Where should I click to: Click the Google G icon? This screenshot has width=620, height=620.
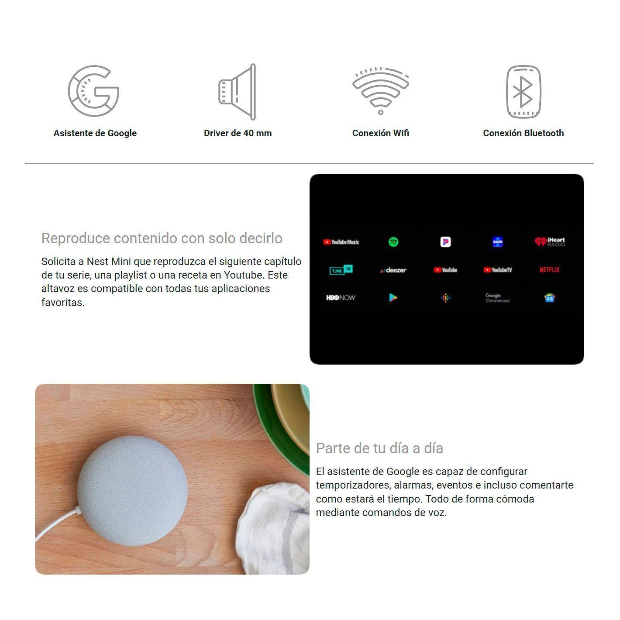pyautogui.click(x=93, y=91)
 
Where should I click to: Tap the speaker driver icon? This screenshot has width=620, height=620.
pyautogui.click(x=238, y=92)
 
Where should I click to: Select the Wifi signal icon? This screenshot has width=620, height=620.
pyautogui.click(x=381, y=91)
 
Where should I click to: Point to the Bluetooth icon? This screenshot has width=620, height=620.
pyautogui.click(x=523, y=92)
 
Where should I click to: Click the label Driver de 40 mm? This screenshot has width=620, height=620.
pyautogui.click(x=238, y=133)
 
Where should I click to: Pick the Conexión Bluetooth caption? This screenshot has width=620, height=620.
pyautogui.click(x=523, y=133)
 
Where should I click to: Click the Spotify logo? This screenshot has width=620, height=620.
pyautogui.click(x=393, y=242)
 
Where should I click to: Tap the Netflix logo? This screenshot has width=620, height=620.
pyautogui.click(x=549, y=270)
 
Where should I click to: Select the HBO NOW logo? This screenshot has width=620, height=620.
pyautogui.click(x=341, y=298)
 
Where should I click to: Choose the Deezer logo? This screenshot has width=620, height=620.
pyautogui.click(x=393, y=270)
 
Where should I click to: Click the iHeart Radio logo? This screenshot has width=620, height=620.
pyautogui.click(x=549, y=242)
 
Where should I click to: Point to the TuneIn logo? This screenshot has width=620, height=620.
pyautogui.click(x=341, y=270)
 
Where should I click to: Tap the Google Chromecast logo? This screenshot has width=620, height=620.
pyautogui.click(x=497, y=298)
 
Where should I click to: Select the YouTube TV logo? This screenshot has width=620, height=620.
pyautogui.click(x=497, y=270)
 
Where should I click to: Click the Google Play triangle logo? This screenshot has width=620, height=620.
pyautogui.click(x=393, y=298)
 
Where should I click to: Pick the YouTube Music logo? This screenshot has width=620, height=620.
pyautogui.click(x=341, y=242)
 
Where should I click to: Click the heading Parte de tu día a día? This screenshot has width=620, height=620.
pyautogui.click(x=379, y=448)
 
